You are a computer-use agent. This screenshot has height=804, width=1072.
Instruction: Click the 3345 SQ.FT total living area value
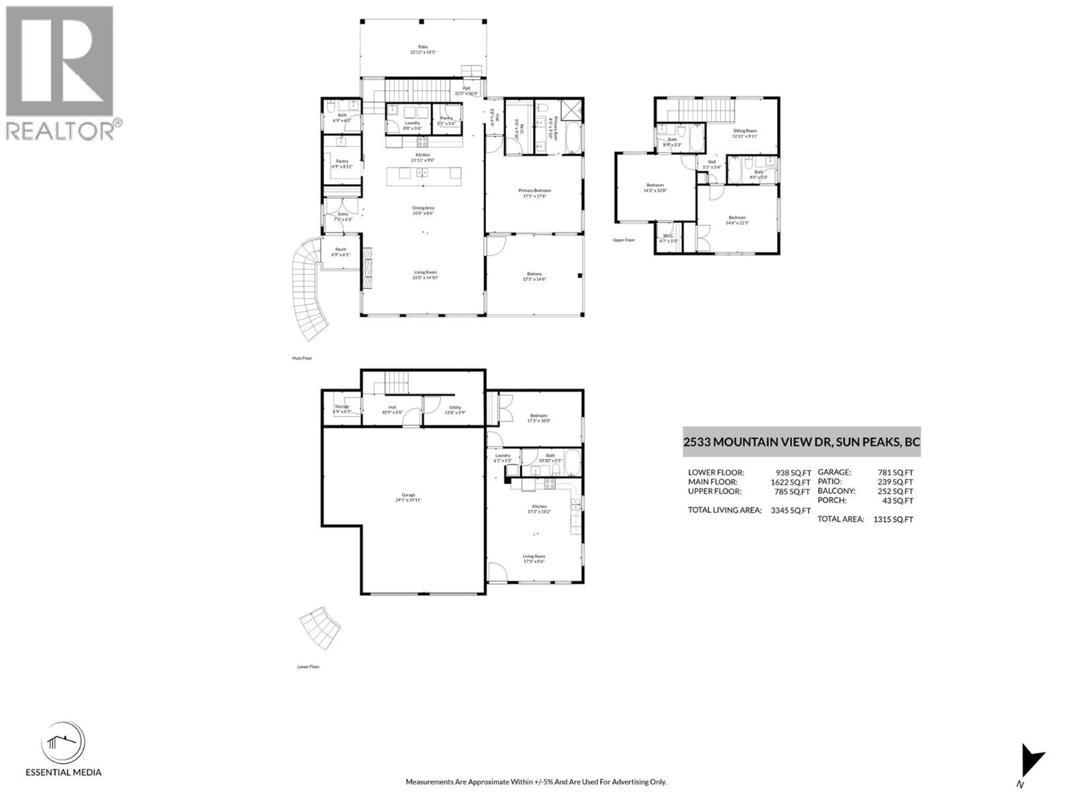790,510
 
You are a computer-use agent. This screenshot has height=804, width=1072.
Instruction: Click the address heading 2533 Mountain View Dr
801,442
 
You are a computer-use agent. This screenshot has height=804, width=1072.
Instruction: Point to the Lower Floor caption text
308,667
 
